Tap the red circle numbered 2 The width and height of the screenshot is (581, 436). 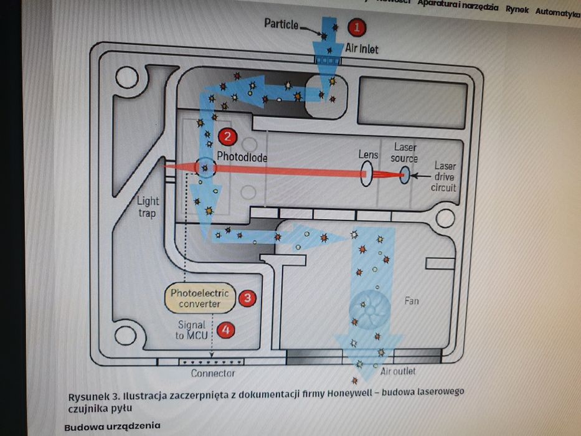click(x=227, y=136)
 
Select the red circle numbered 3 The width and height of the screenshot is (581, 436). click(x=247, y=298)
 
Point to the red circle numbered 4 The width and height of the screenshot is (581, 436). click(x=227, y=329)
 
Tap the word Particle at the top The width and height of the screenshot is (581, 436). click(x=281, y=24)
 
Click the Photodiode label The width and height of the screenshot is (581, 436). click(x=242, y=158)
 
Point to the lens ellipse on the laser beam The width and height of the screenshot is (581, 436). click(x=367, y=173)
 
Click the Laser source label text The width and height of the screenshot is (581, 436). click(x=405, y=153)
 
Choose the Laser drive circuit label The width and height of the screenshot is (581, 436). click(x=445, y=176)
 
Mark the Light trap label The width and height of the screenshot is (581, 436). click(x=148, y=206)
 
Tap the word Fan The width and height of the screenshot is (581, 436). click(x=412, y=301)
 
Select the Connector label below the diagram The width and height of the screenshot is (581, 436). click(x=212, y=373)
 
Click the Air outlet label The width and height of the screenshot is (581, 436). click(x=398, y=371)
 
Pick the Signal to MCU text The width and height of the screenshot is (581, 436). click(x=191, y=330)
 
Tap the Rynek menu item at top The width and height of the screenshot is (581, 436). click(x=517, y=9)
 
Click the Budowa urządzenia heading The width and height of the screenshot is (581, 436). click(x=112, y=427)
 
